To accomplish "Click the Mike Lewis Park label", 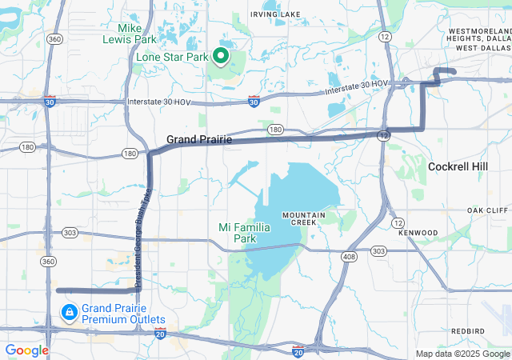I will coord(130,33).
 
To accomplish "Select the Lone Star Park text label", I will coord(171,57).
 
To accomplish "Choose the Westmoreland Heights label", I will coord(478,34).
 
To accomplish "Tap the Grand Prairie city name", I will coord(199,140).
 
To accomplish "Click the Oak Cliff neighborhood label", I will coord(488,210).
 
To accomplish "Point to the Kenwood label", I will coord(421,232).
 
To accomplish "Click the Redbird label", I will coord(467,330).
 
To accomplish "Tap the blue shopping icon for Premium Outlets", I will coord(69,310).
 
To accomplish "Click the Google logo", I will coord(26,350).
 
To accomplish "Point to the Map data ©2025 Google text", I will coord(462,354).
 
